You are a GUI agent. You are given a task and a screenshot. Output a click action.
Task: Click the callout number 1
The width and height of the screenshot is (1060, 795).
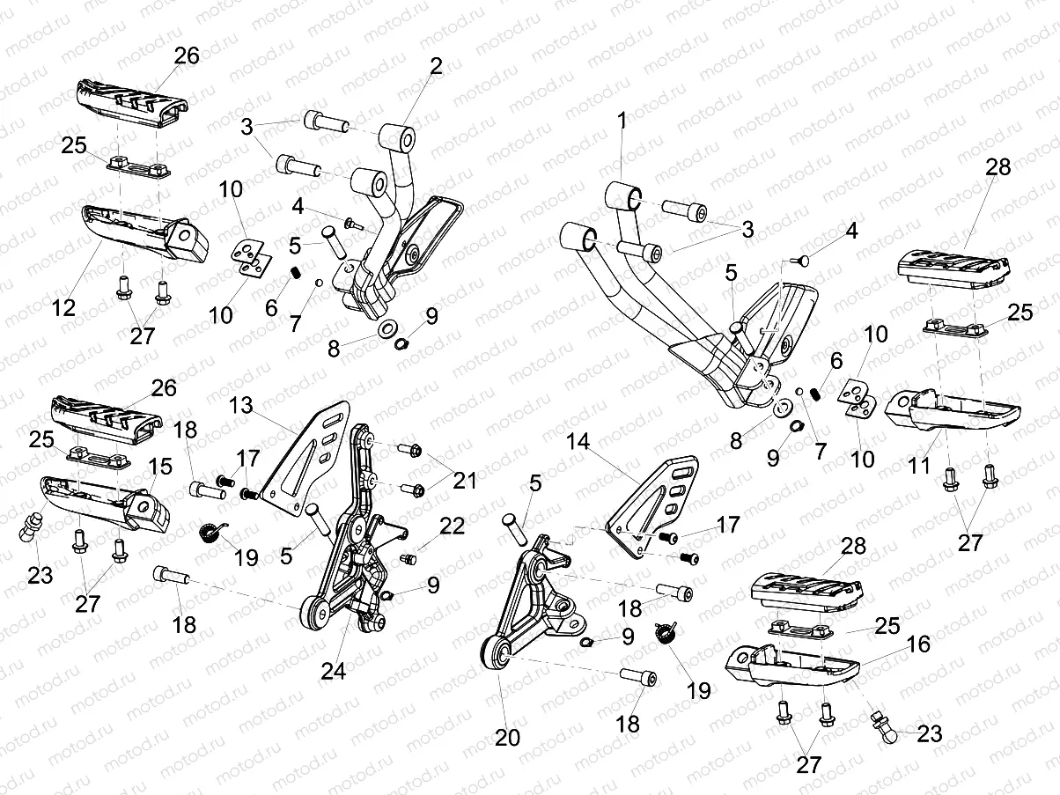click(622, 122)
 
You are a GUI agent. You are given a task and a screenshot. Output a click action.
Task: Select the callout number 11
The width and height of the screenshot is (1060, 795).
click(919, 464)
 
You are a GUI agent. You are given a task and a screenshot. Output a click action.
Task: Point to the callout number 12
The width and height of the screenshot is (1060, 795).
click(63, 307)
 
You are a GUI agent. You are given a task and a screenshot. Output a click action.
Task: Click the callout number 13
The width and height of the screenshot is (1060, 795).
click(241, 407)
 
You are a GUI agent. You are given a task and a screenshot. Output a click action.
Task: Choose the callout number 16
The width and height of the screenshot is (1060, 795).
click(916, 644)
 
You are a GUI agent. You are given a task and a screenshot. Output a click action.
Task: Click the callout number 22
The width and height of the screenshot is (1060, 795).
click(452, 526)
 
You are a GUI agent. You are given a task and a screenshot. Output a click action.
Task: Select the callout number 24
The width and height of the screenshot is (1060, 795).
click(333, 670)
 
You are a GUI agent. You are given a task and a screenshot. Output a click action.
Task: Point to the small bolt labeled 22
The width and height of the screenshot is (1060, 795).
click(408, 558)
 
